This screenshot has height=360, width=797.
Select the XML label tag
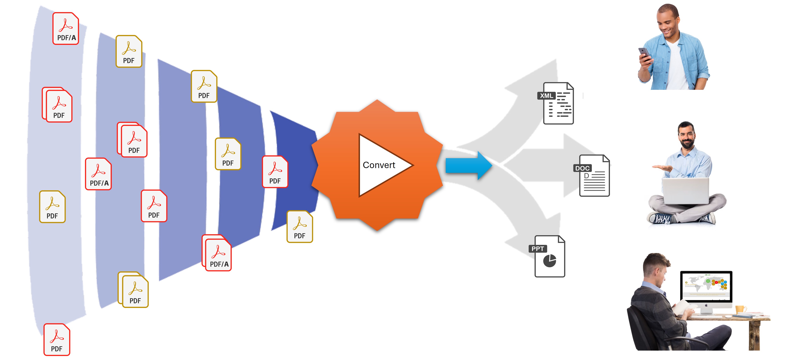point(546,96)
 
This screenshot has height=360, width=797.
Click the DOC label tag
point(582,168)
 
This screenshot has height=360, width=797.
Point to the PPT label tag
point(538,249)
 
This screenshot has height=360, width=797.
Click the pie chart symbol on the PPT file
point(549,261)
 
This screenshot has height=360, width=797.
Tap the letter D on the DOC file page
point(586,176)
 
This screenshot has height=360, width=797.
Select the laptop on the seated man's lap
point(685,191)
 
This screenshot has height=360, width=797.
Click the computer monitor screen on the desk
point(706,285)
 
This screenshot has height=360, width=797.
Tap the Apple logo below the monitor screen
point(706,305)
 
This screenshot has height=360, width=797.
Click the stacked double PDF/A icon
point(217,253)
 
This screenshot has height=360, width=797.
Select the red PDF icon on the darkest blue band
point(275,172)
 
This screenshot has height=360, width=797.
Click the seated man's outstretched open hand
point(662,167)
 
